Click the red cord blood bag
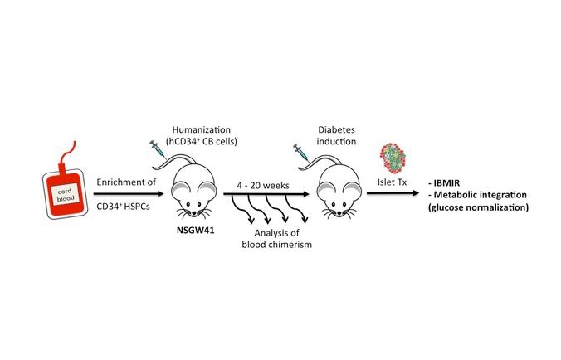(65, 194)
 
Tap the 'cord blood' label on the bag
(66, 195)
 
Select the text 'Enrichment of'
(126, 182)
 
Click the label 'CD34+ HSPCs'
(123, 207)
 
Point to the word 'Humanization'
(202, 129)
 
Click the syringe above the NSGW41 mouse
(158, 148)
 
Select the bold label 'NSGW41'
(195, 230)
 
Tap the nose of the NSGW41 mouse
(193, 213)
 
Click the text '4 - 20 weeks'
(263, 186)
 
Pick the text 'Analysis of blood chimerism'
(276, 239)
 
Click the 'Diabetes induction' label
(336, 135)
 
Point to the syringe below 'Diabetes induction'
(300, 153)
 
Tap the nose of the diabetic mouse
(339, 213)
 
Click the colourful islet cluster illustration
(393, 158)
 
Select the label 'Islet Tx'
(393, 182)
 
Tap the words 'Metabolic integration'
(481, 195)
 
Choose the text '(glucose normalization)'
(478, 207)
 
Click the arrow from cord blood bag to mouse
(129, 194)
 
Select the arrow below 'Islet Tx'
(393, 193)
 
